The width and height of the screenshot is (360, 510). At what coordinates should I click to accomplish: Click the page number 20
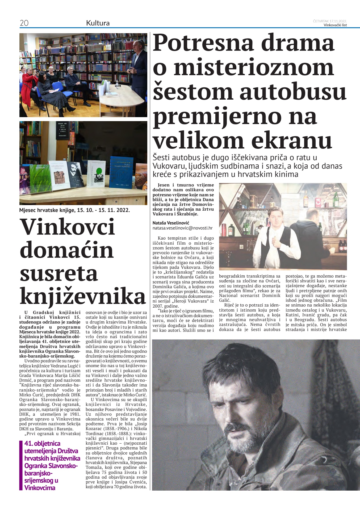tap(24, 23)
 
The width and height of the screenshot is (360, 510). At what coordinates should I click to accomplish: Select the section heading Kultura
tap(98, 23)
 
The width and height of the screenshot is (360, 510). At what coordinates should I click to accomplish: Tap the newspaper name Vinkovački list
tap(335, 25)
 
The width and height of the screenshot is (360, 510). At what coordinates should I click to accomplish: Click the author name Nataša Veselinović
tap(171, 223)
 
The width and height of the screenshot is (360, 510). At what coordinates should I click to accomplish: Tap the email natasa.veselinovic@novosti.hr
tap(182, 228)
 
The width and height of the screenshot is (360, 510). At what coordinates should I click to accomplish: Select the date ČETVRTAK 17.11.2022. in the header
tap(330, 21)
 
